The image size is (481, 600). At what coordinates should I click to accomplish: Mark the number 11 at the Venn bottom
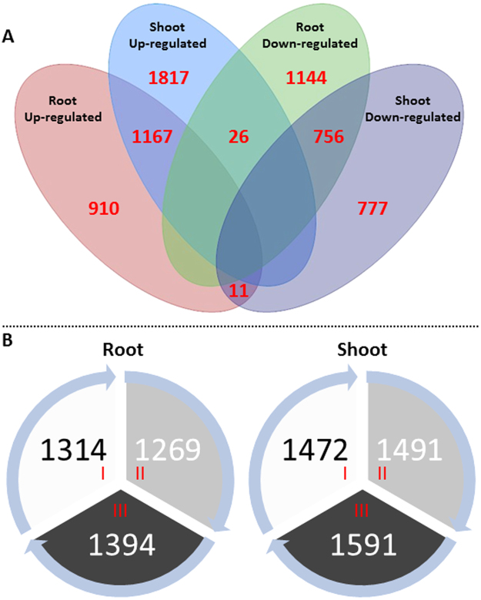[x=240, y=291]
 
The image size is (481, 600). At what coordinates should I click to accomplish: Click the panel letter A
[x=9, y=36]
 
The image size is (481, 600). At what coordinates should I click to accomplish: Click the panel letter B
[x=9, y=338]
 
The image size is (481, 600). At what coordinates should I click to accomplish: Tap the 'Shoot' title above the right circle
[x=362, y=349]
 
